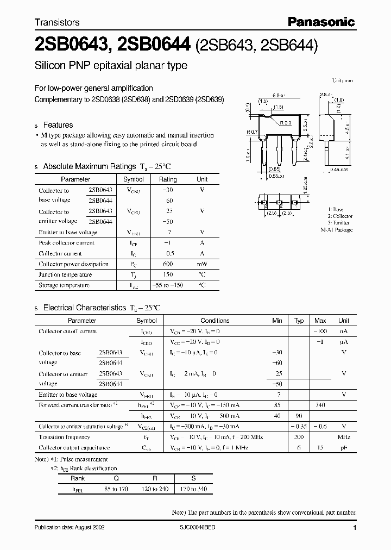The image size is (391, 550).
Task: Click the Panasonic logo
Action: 321,22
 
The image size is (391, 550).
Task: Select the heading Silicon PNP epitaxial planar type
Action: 111,66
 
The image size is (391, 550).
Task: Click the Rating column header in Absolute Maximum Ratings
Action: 167,179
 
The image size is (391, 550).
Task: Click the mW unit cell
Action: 201,264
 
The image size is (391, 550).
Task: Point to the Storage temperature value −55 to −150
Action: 167,285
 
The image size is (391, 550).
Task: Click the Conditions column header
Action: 215,321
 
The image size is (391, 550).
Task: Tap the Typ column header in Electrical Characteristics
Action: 299,321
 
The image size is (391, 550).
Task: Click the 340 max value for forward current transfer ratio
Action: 320,405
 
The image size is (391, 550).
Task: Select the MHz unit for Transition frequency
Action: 343,437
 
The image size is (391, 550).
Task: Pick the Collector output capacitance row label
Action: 74,448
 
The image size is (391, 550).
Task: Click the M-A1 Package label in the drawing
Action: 337,230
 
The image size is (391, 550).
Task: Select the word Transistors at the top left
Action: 57,22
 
